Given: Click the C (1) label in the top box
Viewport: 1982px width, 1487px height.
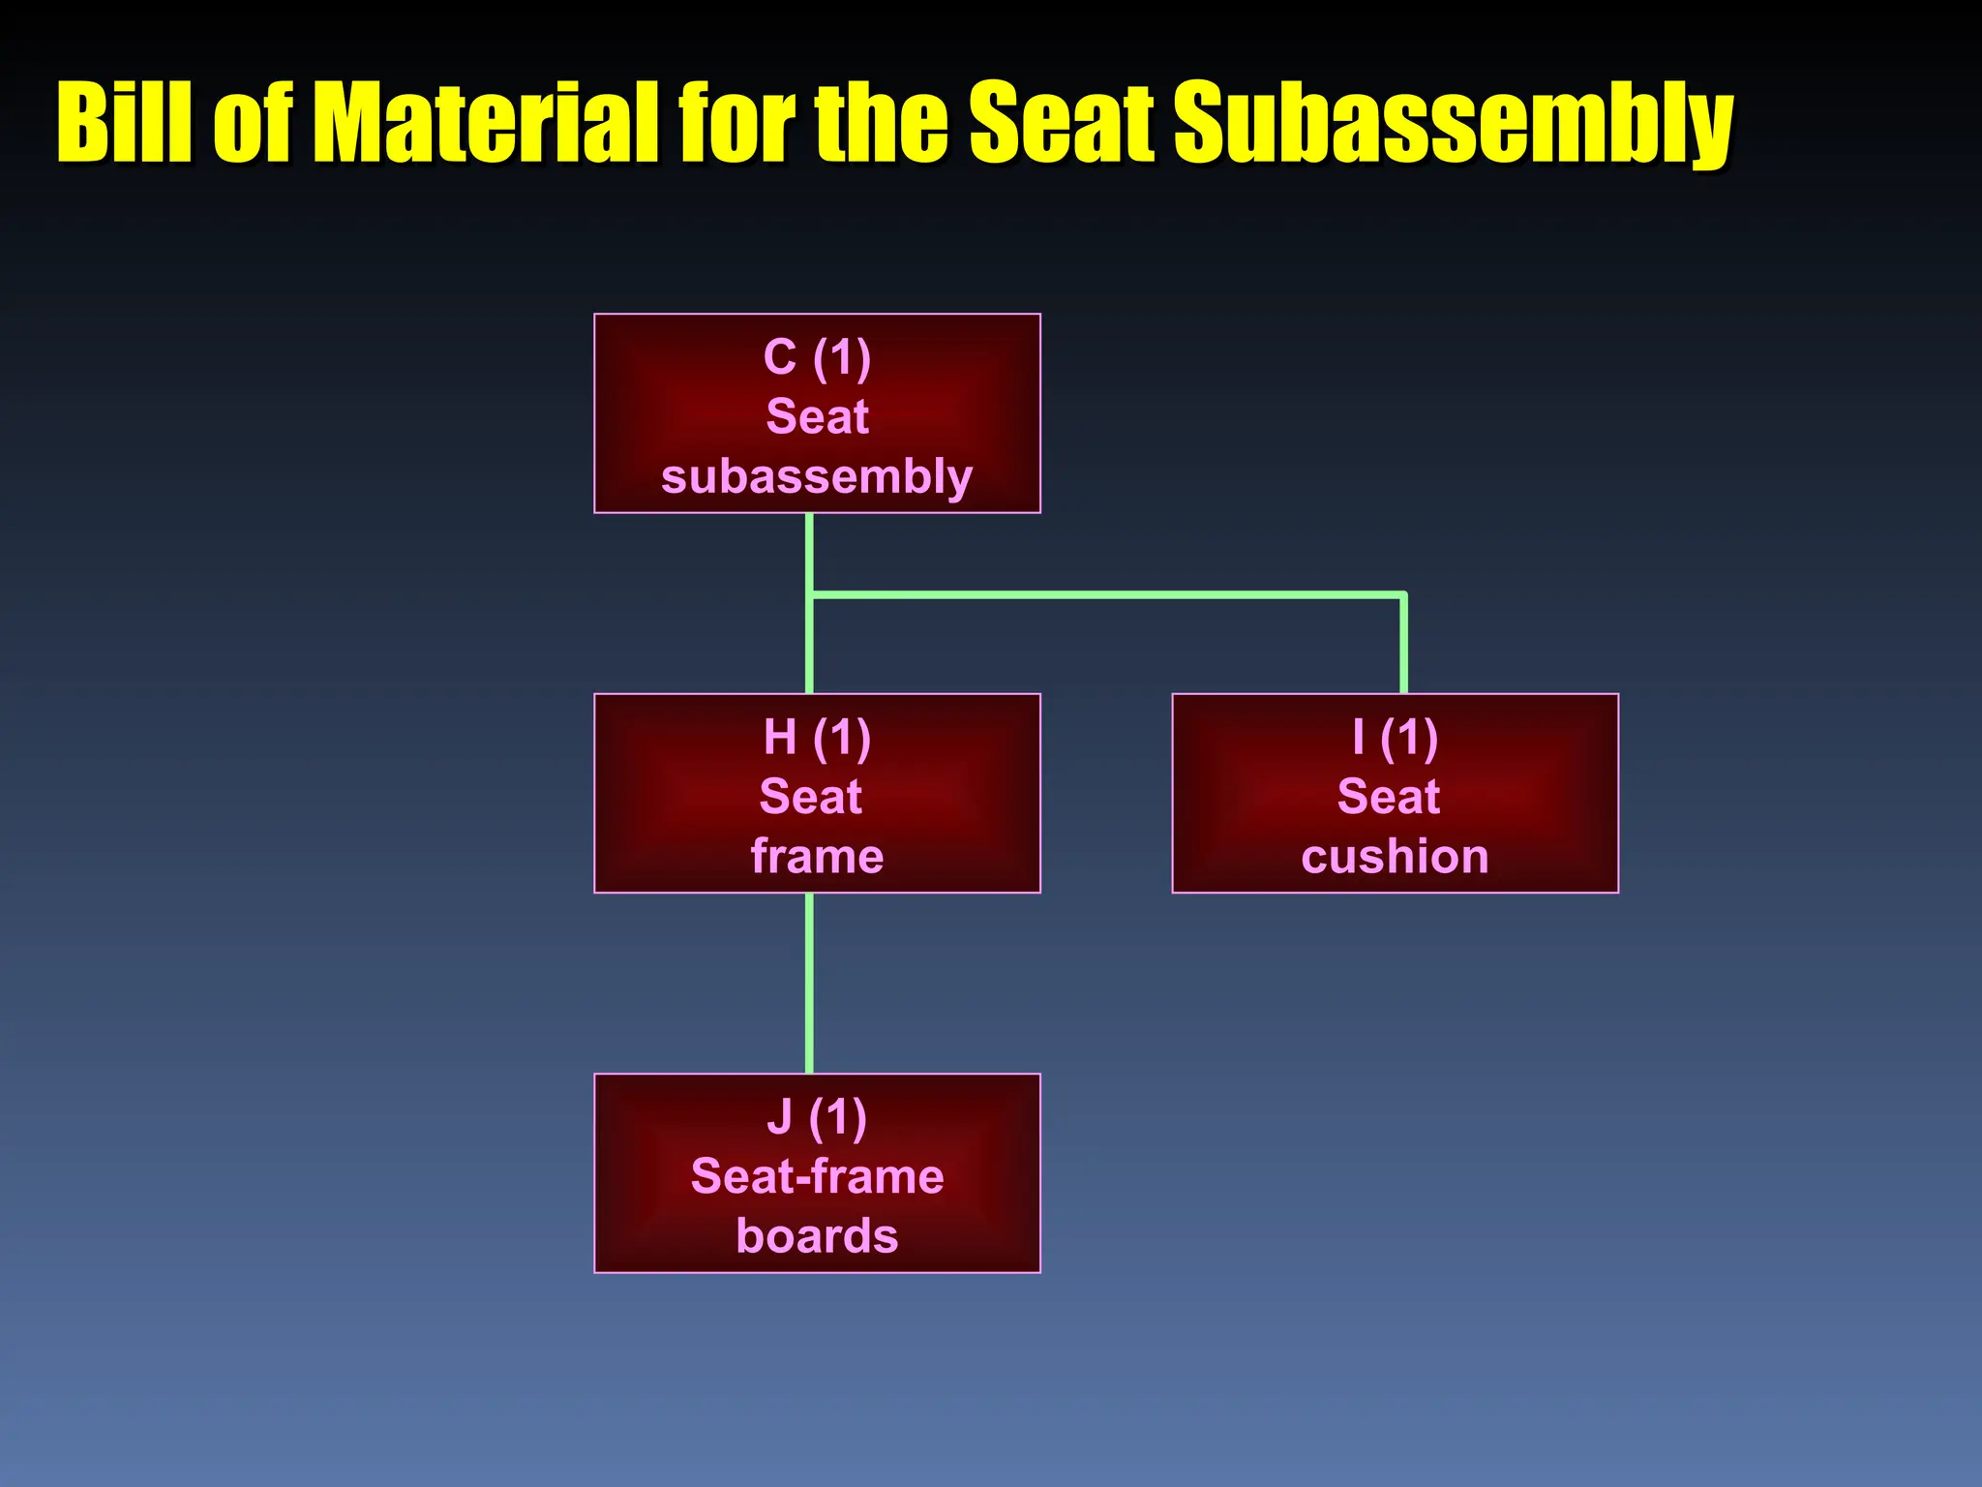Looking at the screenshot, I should (817, 358).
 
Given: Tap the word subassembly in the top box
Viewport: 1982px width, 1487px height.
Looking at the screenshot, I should (817, 477).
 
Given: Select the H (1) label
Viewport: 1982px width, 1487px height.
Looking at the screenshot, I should (817, 738).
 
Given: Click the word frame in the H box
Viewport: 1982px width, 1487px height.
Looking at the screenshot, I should (817, 857).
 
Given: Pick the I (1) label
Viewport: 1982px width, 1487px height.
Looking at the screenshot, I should (1395, 738).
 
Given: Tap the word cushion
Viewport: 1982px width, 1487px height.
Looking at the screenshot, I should (1395, 857).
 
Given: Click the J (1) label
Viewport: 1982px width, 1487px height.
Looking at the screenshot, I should (817, 1118).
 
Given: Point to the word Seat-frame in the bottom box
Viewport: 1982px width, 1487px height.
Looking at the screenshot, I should (817, 1177).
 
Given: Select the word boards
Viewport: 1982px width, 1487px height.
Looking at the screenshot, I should (817, 1237).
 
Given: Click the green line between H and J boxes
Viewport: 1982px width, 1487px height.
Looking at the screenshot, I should (809, 983).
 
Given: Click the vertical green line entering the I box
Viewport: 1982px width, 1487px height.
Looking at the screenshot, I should (1403, 644).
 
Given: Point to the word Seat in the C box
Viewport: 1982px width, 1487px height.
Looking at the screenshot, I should (817, 417).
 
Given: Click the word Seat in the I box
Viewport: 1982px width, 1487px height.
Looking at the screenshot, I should (1389, 798).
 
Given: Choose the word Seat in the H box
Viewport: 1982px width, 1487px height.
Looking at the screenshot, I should (811, 798).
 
